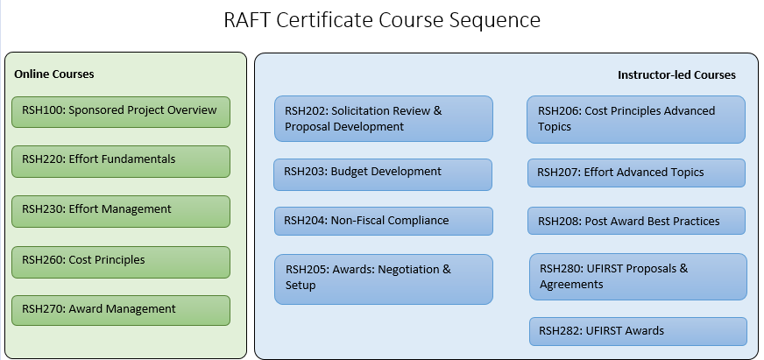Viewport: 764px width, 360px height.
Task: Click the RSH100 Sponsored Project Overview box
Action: (x=120, y=111)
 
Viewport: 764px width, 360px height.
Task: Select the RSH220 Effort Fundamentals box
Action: (x=120, y=160)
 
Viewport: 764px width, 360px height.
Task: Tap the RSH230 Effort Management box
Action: (x=120, y=210)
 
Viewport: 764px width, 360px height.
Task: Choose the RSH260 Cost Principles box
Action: (x=120, y=261)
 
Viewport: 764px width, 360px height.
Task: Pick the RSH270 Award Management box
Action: (x=120, y=310)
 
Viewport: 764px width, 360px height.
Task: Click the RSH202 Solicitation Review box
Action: (x=383, y=119)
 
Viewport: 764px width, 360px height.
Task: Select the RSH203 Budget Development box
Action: (x=383, y=173)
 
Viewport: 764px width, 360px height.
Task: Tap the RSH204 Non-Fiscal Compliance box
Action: (x=383, y=221)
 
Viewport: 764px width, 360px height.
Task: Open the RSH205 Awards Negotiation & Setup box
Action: (x=383, y=279)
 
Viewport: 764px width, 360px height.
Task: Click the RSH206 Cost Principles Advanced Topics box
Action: (x=635, y=119)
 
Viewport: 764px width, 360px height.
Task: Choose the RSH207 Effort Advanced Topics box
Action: (x=635, y=173)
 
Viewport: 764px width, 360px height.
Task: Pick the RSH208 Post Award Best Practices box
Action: (x=635, y=221)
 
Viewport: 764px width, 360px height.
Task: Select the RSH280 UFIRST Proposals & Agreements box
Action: (x=638, y=277)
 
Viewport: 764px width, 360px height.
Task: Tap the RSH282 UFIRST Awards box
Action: (x=638, y=331)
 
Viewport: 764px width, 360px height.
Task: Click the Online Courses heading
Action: (x=54, y=74)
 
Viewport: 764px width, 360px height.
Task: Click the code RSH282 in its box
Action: (x=559, y=331)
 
